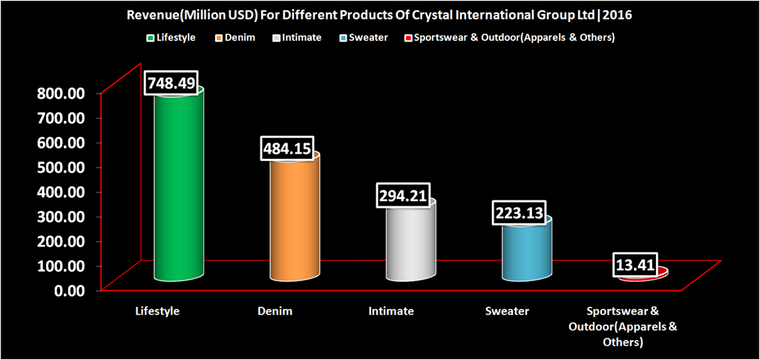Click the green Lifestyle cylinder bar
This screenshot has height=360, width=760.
(179, 186)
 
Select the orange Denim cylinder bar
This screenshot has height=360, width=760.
(295, 219)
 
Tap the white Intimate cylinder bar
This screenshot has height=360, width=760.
(410, 241)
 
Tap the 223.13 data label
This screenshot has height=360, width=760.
(521, 213)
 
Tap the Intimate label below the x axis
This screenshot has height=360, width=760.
(391, 311)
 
